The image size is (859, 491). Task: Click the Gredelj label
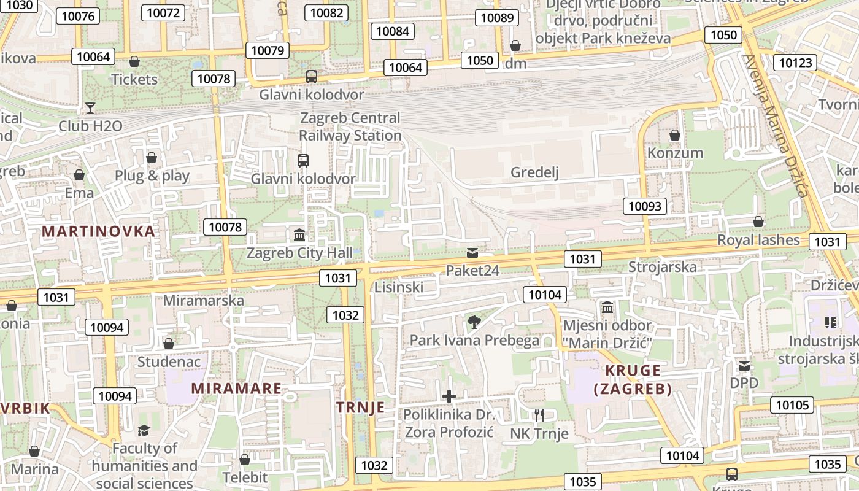534,173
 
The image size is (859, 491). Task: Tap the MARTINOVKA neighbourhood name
98,231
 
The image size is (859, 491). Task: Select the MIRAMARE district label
236,389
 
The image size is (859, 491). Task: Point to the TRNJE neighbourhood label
361,407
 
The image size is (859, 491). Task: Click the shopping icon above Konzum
675,135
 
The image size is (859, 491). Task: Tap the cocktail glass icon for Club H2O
90,108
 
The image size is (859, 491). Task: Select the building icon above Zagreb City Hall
299,234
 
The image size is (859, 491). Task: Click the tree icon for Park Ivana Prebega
474,322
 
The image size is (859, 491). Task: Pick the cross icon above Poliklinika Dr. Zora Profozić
449,396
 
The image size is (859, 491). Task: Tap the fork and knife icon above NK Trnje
539,416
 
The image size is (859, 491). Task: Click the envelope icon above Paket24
472,252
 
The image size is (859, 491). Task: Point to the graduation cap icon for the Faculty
144,430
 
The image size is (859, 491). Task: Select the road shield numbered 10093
645,206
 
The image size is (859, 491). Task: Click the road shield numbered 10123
796,62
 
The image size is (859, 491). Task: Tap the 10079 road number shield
268,50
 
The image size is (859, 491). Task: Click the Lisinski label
399,287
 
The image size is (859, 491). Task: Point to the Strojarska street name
663,267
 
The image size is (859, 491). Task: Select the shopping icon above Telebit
245,459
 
